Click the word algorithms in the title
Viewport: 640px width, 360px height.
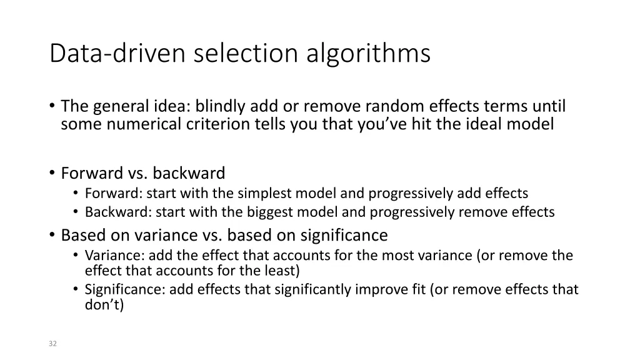tap(368, 54)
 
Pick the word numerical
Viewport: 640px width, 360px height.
tap(145, 124)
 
